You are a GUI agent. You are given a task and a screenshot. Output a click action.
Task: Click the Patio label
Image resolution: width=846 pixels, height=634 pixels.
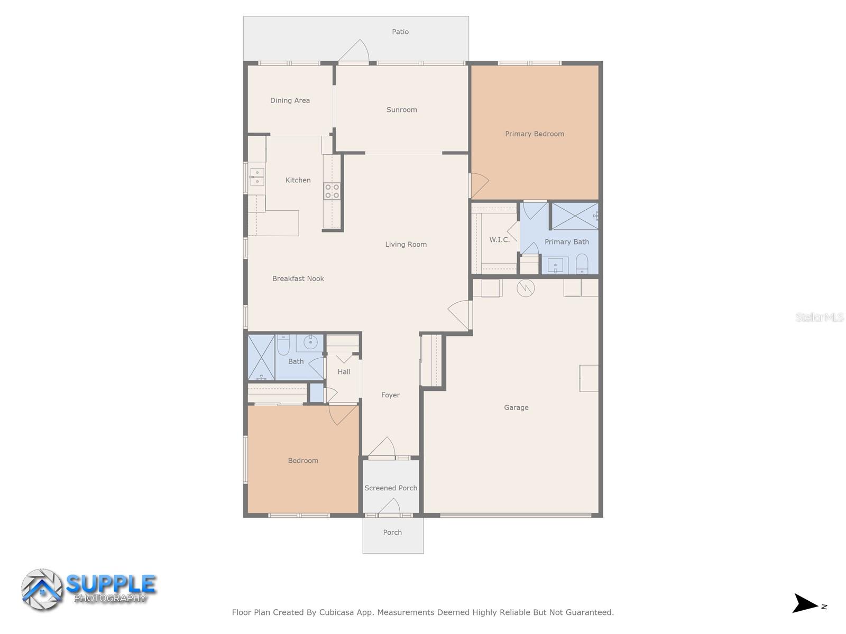pyautogui.click(x=400, y=32)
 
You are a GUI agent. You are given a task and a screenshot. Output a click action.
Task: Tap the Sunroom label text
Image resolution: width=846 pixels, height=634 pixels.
pyautogui.click(x=401, y=110)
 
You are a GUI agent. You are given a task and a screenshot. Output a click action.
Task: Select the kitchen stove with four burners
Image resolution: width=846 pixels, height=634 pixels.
pyautogui.click(x=332, y=191)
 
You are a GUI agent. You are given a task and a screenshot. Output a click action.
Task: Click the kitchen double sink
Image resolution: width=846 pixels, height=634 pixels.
pyautogui.click(x=257, y=177)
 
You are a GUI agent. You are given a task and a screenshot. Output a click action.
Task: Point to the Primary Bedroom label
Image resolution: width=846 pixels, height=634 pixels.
pyautogui.click(x=534, y=134)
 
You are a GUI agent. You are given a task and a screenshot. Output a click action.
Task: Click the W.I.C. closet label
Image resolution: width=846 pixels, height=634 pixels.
pyautogui.click(x=499, y=240)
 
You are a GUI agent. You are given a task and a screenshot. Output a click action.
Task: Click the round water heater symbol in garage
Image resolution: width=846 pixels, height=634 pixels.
pyautogui.click(x=526, y=288)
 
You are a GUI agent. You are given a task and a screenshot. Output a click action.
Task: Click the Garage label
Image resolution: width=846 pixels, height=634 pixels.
pyautogui.click(x=516, y=407)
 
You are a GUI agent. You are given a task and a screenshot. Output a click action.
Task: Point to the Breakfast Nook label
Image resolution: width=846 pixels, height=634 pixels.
pyautogui.click(x=298, y=278)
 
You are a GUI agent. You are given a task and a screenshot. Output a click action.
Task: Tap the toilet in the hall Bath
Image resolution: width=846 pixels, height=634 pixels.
pyautogui.click(x=283, y=346)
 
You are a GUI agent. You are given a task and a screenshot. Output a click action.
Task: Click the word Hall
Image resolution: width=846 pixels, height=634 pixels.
pyautogui.click(x=344, y=372)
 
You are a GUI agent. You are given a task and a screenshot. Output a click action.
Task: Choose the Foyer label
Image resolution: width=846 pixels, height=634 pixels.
pyautogui.click(x=390, y=395)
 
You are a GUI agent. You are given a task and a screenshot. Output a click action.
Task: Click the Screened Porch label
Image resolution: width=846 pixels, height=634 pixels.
pyautogui.click(x=391, y=488)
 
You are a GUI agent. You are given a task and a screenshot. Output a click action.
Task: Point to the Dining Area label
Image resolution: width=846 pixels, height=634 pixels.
pyautogui.click(x=290, y=100)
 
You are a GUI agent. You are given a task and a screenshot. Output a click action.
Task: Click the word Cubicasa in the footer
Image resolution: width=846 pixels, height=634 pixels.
pyautogui.click(x=336, y=612)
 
